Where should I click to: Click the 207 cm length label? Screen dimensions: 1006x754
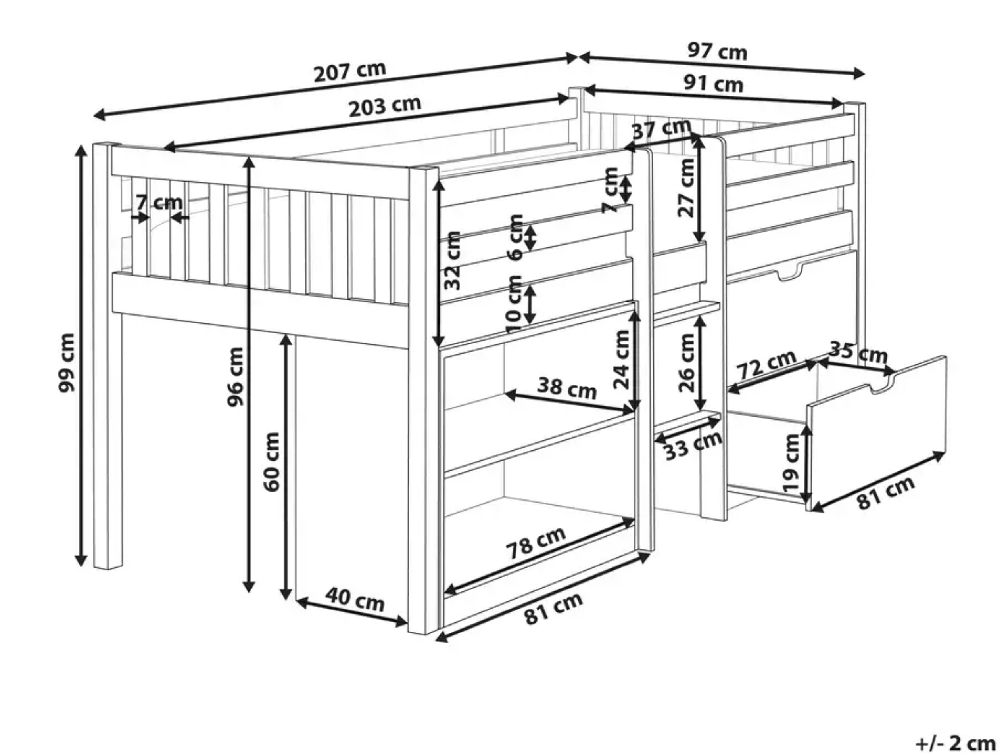click(350, 71)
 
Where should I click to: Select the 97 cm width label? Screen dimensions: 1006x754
click(717, 52)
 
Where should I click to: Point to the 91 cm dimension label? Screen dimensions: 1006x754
click(714, 84)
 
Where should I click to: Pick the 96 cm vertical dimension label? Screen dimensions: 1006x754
click(235, 376)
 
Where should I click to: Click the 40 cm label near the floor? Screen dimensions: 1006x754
click(355, 599)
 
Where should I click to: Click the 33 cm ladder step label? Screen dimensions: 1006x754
click(693, 446)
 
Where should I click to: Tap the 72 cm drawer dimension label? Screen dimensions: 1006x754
click(766, 364)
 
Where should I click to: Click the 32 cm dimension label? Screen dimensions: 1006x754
click(452, 260)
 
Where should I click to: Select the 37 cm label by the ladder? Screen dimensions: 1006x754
click(662, 129)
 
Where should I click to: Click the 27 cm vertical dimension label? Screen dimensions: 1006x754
click(686, 188)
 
